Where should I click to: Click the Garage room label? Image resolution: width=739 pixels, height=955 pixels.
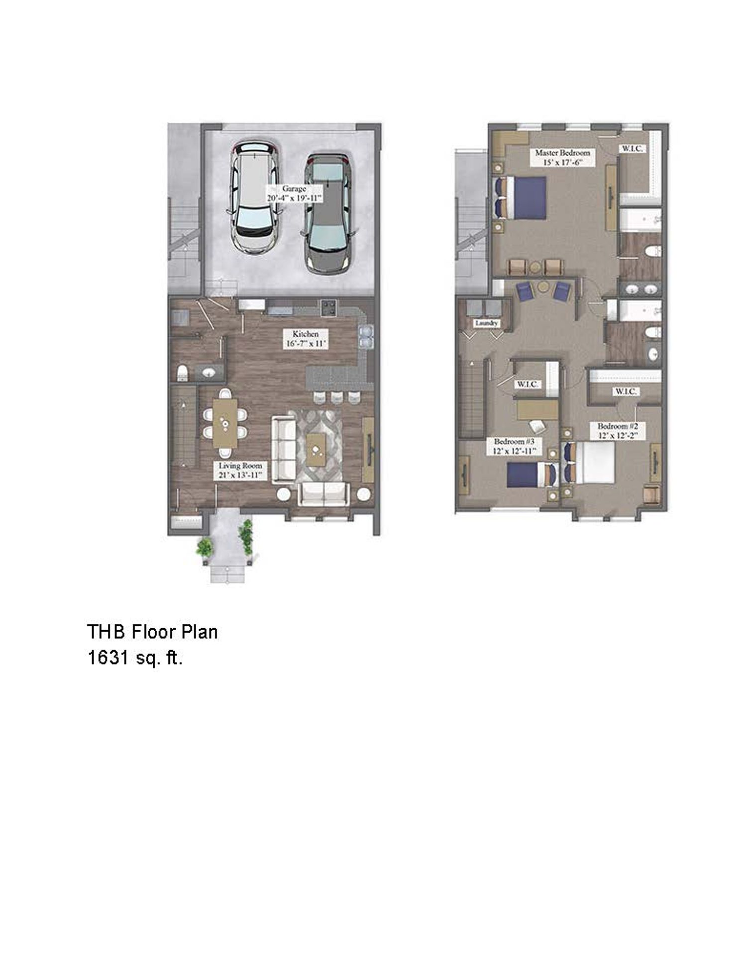[x=294, y=193]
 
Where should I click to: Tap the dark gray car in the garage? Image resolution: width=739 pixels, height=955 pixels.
[x=327, y=214]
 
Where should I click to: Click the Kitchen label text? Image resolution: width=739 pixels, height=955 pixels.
[x=305, y=339]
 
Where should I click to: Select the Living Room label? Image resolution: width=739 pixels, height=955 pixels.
[x=240, y=470]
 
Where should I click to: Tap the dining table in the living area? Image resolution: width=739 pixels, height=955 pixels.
[x=225, y=423]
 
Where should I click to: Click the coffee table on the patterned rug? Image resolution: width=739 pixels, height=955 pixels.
[x=316, y=449]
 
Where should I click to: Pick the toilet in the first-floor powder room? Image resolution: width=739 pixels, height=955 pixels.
[x=183, y=372]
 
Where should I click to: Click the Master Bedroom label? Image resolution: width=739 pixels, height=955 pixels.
[x=562, y=157]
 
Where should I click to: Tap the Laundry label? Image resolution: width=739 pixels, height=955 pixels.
[x=486, y=323]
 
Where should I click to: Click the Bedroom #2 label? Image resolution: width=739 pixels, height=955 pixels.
[x=617, y=431]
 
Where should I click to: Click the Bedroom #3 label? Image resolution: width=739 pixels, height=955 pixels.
[x=514, y=446]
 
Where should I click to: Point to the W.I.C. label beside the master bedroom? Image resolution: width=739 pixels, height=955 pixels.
[x=632, y=148]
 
